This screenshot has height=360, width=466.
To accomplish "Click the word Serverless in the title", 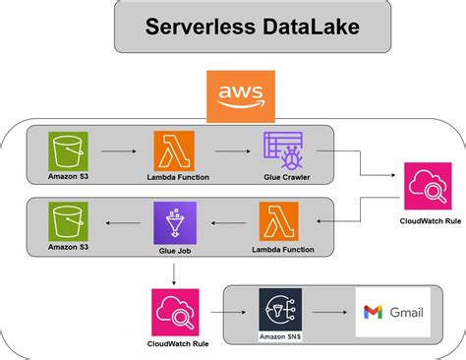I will pos(193,26).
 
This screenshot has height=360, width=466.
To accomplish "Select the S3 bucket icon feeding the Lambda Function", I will pos(67,151).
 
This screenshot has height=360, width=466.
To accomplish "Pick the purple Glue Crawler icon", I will pos(283,151).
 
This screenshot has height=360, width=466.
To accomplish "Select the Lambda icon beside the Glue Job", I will pos(279,221).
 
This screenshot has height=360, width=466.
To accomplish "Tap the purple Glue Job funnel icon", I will pos(175,222).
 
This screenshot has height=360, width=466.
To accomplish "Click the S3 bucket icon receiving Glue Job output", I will pos(67,222).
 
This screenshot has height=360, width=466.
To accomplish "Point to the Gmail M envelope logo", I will pos(373,313).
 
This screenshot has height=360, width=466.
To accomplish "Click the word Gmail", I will pos(405,313).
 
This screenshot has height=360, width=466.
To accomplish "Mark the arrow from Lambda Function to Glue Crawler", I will pos(229,152).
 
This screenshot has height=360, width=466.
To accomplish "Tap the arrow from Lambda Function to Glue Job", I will pos(227,223).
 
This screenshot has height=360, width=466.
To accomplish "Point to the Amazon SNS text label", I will pos(278,337).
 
